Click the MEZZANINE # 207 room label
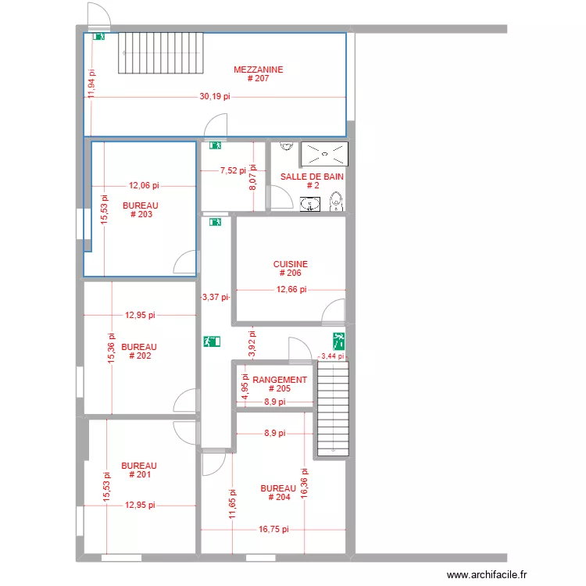tap(258, 74)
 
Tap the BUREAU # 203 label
tap(141, 209)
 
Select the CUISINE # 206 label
tap(291, 269)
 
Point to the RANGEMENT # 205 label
tap(280, 384)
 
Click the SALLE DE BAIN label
tap(312, 180)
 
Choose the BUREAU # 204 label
tap(278, 492)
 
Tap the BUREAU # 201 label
tap(139, 470)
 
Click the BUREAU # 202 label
tap(139, 351)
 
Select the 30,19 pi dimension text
tap(215, 97)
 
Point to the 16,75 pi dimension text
tap(273, 529)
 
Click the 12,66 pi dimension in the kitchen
tap(291, 289)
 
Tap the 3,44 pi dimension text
tap(333, 356)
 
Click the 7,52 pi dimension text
tap(233, 170)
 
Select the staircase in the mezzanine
tap(160, 53)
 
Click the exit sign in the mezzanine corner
tap(98, 37)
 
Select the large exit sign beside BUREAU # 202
tap(213, 341)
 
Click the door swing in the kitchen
tap(334, 311)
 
